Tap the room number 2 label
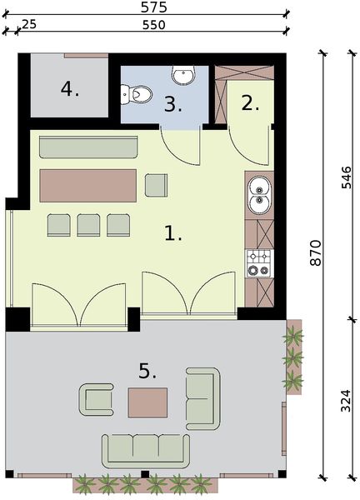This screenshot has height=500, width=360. [x=251, y=102]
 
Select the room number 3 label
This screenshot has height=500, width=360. [x=172, y=104]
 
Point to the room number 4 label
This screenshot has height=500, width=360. [x=70, y=88]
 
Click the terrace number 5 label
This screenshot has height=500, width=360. [x=147, y=371]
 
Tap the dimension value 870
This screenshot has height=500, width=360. [x=316, y=252]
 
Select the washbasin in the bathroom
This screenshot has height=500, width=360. [x=183, y=76]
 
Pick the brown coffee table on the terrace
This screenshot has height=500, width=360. [x=147, y=402]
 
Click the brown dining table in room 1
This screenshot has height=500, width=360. [x=88, y=185]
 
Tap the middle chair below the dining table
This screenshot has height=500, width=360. [x=88, y=224]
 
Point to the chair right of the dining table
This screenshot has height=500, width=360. [x=156, y=184]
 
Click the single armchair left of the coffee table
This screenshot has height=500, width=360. [x=97, y=399]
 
